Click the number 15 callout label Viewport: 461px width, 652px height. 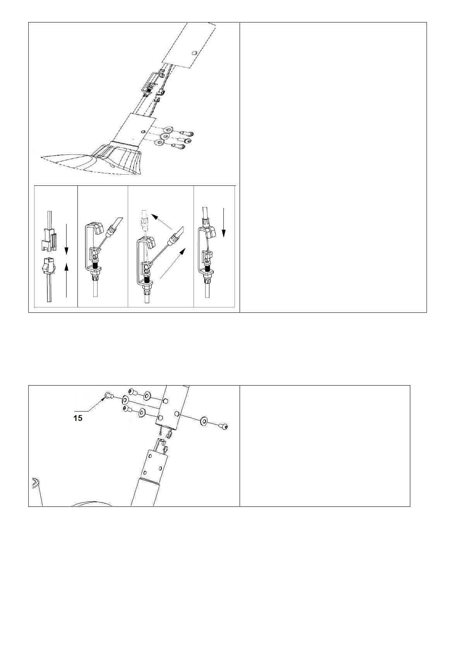[x=78, y=418]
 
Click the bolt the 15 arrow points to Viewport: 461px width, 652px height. [x=108, y=395]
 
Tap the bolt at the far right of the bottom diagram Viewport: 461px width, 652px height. [x=223, y=426]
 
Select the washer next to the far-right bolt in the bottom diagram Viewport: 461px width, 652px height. [x=204, y=421]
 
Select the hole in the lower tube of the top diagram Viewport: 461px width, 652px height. [x=144, y=132]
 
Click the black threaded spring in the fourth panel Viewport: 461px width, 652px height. [x=209, y=268]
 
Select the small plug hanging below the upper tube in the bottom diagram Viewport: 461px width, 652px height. [x=169, y=436]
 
